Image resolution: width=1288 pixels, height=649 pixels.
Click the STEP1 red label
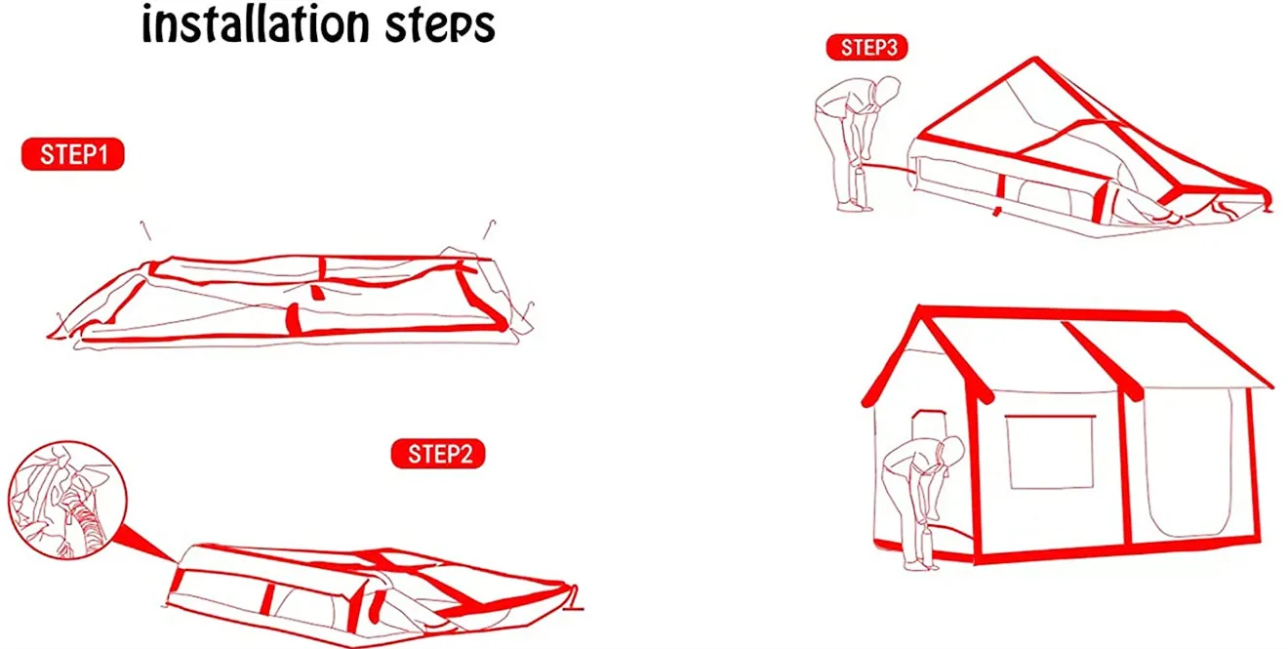[72, 154]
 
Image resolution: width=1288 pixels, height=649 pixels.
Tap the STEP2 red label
[438, 454]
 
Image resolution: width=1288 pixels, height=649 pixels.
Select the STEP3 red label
[867, 47]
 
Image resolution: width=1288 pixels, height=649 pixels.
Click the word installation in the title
[256, 24]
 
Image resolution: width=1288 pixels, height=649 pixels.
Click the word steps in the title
[440, 26]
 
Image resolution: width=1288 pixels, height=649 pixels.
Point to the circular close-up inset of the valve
[67, 501]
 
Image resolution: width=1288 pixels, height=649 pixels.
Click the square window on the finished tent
[1050, 452]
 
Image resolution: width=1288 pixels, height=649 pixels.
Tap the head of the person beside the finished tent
[952, 449]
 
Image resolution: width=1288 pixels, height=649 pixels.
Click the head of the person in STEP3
[888, 90]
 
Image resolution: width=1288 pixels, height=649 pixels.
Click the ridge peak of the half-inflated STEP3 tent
[1035, 59]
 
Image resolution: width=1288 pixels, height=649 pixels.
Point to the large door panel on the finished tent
[1187, 463]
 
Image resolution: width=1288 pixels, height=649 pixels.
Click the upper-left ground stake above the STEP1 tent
[146, 230]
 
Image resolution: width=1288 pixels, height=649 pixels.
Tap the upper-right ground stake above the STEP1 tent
[489, 229]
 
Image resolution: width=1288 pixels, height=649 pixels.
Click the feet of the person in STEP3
[855, 206]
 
